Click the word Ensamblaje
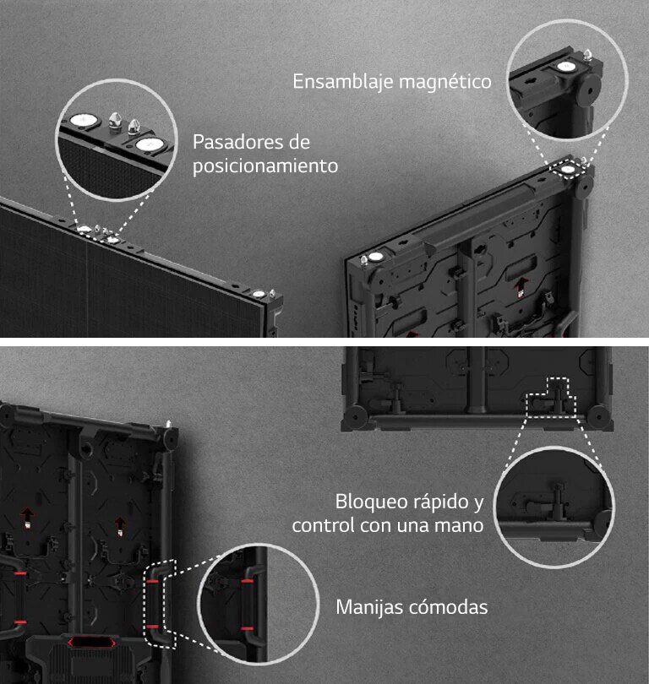point(342,82)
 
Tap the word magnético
point(444,82)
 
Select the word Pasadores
point(239,141)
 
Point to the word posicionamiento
point(265,166)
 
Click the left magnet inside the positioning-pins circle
point(83,120)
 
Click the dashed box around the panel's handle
point(159,604)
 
